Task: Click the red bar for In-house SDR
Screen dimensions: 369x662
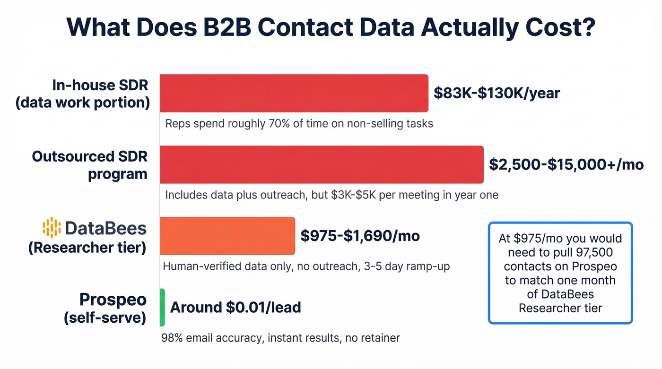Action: [294, 93]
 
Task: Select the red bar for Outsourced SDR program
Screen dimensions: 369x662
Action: [322, 164]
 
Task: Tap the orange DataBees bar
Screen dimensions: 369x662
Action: [227, 236]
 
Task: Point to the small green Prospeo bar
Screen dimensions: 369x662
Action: [162, 307]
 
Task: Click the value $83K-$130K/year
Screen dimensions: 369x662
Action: [496, 93]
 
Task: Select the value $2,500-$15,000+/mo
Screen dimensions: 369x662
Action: [566, 164]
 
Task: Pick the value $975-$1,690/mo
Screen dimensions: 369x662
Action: [360, 236]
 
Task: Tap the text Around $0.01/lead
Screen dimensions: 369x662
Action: [235, 308]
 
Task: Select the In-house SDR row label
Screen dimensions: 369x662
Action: [82, 94]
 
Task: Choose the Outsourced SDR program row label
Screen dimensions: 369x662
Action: [89, 165]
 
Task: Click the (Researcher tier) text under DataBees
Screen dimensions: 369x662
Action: [87, 247]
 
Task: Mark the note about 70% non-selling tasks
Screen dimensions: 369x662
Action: [299, 124]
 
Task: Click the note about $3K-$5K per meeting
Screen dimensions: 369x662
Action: [331, 195]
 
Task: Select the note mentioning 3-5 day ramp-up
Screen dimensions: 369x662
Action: [306, 266]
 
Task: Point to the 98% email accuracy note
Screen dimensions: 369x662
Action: [280, 338]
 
